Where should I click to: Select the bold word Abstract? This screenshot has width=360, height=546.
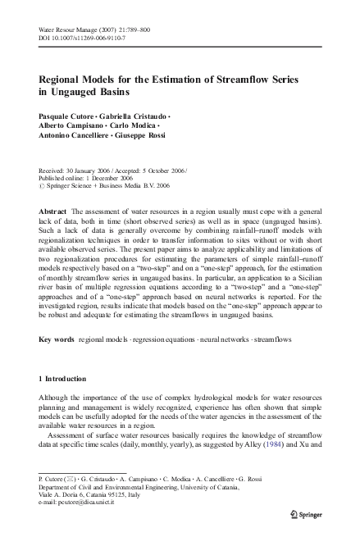pyautogui.click(x=54, y=212)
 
